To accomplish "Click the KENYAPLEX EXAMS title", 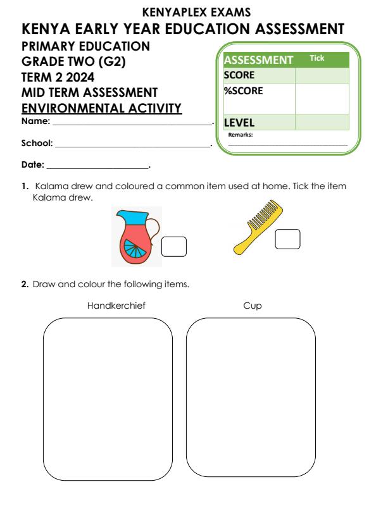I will pos(187,11).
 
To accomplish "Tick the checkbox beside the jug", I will pos(174,247).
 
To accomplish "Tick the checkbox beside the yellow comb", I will pos(287,239).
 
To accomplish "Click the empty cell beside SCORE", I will pos(322,75).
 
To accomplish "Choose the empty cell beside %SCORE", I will pos(322,98).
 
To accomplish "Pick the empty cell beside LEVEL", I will pos(322,122).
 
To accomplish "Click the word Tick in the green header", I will pos(316,58).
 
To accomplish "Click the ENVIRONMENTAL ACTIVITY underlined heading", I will pos(102,108).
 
